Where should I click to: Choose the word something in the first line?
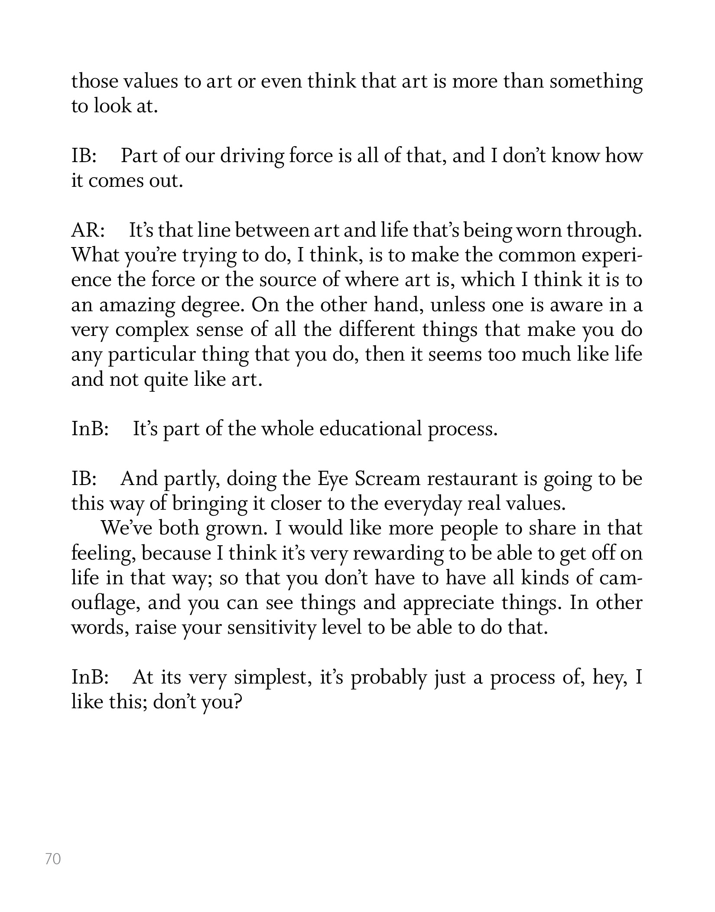coord(596,82)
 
